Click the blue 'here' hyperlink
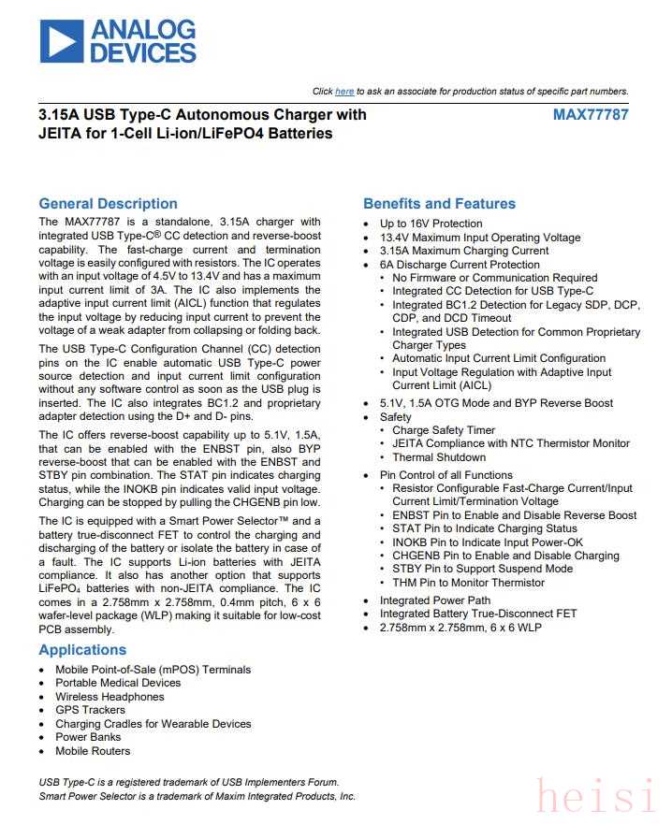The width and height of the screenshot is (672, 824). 344,92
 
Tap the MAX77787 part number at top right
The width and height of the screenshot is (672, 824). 591,115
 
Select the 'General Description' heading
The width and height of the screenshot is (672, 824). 108,204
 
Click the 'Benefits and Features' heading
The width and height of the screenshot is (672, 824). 439,204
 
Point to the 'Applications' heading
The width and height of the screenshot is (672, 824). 82,650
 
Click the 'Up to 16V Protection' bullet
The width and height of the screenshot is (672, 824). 431,224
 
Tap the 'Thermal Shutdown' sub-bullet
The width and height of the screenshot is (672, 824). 439,457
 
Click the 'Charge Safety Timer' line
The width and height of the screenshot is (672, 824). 444,431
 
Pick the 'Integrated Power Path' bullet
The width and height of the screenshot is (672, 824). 434,600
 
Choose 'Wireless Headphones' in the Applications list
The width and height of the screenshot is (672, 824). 110,697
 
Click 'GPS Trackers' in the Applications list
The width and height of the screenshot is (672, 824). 90,710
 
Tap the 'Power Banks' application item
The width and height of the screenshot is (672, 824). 88,737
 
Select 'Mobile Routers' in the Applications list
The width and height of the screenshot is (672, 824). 93,751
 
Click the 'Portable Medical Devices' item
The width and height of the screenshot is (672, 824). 118,683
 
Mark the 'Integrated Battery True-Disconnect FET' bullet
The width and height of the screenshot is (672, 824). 478,614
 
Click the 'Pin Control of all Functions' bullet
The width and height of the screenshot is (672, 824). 446,475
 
